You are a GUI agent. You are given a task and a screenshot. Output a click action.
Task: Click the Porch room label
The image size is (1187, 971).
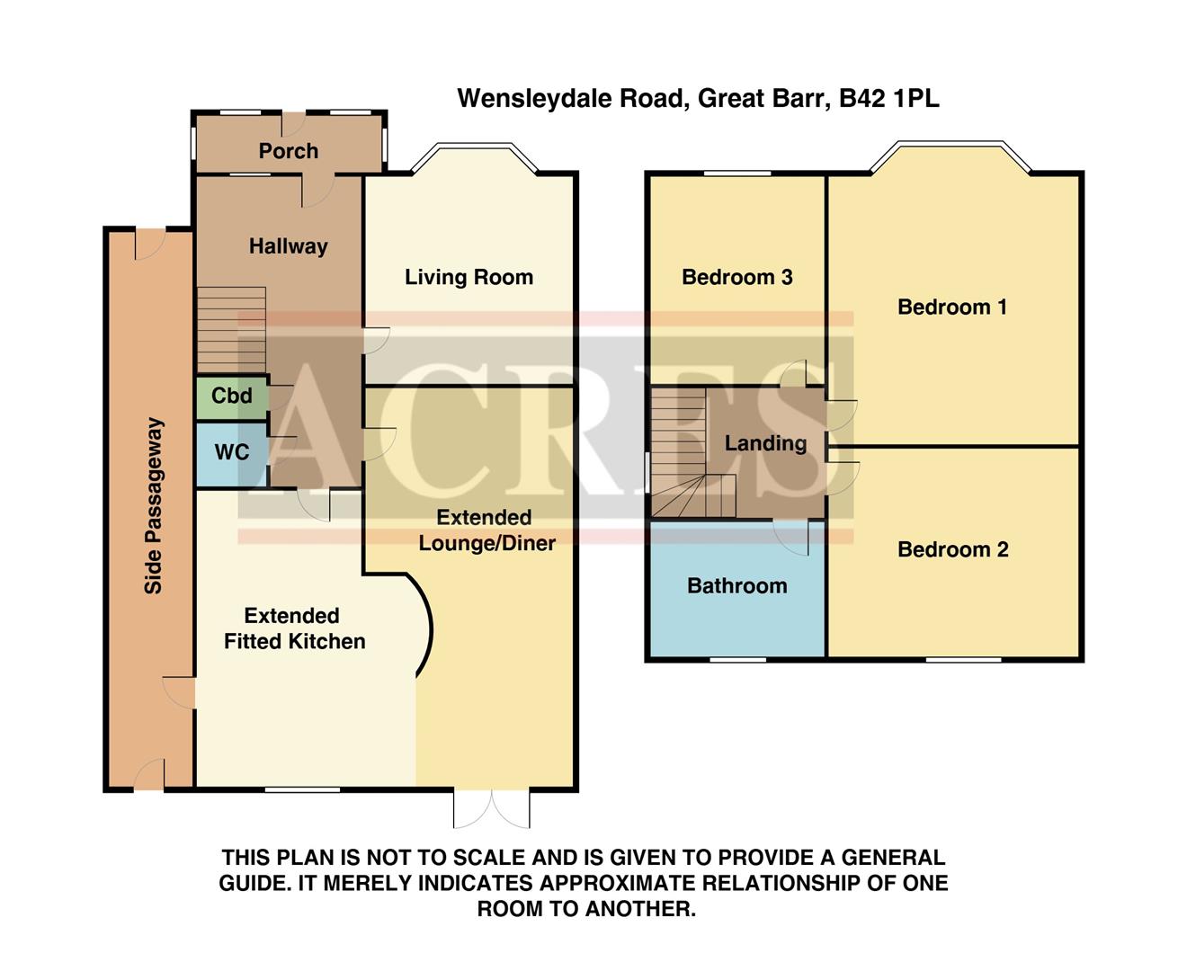tap(288, 151)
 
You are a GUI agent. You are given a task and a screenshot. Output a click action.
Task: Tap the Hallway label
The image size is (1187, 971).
tap(288, 246)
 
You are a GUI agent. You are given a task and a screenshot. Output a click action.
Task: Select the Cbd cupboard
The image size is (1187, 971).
tap(231, 396)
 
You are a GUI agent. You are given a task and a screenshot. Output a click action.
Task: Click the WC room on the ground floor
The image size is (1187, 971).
tap(231, 452)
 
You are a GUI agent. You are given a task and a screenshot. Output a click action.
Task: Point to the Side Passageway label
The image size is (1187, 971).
tap(154, 505)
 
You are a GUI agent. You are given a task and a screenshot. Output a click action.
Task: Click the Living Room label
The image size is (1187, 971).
tap(469, 277)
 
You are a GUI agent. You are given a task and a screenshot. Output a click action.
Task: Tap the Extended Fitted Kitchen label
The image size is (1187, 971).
tap(294, 628)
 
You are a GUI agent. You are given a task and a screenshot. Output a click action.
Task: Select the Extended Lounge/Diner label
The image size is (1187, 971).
tap(486, 530)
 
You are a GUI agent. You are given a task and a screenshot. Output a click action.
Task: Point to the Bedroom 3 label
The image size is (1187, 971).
tap(736, 277)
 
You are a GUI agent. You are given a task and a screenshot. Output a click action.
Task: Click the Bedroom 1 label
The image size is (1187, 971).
tap(951, 307)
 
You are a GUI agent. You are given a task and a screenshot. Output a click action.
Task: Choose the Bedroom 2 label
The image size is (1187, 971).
tap(952, 549)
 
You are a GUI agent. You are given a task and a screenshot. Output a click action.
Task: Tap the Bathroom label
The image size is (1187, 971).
tap(736, 586)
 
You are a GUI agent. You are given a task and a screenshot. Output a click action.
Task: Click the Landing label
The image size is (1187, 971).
tap(765, 443)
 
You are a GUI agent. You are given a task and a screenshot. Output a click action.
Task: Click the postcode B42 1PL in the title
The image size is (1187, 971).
tap(888, 98)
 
